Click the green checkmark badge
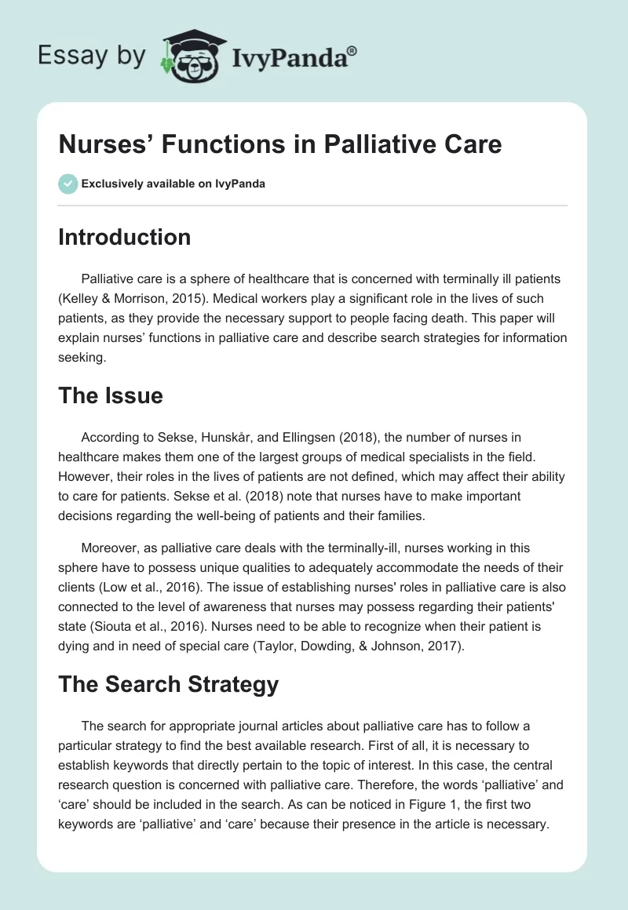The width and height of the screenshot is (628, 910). pos(68,184)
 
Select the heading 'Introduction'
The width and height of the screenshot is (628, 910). pos(124,237)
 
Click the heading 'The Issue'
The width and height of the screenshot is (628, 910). pos(110,395)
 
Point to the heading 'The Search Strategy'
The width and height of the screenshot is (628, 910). pos(168,684)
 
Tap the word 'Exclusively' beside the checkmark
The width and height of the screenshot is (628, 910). pos(112,184)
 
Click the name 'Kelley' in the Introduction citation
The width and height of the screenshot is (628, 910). pos(83,299)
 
